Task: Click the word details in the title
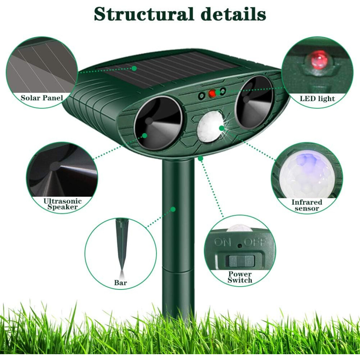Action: click(x=233, y=14)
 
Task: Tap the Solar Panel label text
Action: click(x=42, y=98)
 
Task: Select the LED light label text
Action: click(x=317, y=99)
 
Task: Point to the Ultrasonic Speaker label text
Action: click(x=63, y=204)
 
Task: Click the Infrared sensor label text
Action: click(x=307, y=205)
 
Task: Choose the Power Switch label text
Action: click(x=240, y=277)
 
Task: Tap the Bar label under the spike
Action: click(x=120, y=283)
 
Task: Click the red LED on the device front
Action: click(x=212, y=93)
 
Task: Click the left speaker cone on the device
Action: click(x=158, y=123)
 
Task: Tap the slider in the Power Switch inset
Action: click(x=240, y=261)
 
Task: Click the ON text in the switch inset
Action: click(x=222, y=242)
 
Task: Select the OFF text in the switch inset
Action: click(x=255, y=242)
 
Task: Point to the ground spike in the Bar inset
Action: click(x=122, y=246)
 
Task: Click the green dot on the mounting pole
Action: click(x=173, y=209)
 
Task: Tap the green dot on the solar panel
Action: click(x=134, y=68)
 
